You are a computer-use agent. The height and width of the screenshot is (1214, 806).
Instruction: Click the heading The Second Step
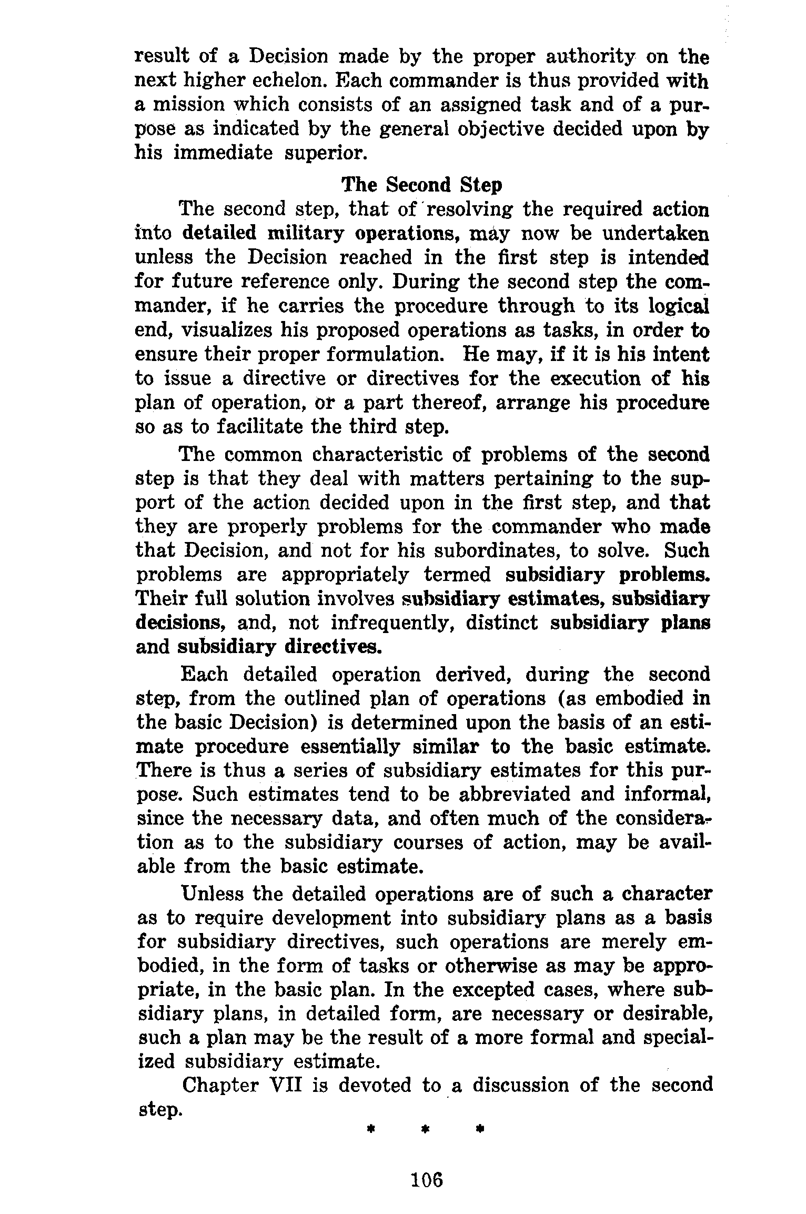[x=422, y=185]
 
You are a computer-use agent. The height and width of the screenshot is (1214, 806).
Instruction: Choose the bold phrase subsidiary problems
[x=608, y=575]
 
